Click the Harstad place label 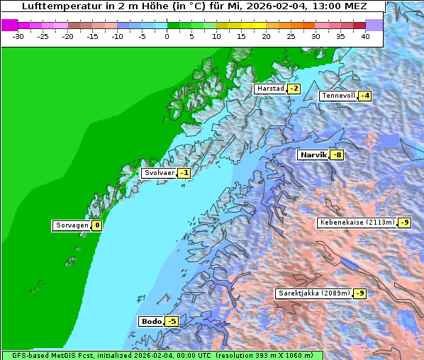[x=270, y=89]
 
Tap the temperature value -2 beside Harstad [x=294, y=89]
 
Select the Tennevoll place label [x=337, y=96]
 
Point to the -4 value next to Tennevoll [x=364, y=96]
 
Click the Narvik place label [x=312, y=155]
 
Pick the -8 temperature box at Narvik [x=337, y=155]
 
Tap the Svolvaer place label [x=157, y=173]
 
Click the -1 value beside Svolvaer [x=184, y=173]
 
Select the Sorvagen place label [x=72, y=226]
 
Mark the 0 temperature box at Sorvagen [x=96, y=226]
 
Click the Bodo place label [x=151, y=322]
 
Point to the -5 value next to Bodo [x=171, y=322]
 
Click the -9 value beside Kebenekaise [x=404, y=223]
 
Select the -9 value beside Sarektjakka [x=359, y=293]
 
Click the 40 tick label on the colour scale [x=364, y=36]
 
